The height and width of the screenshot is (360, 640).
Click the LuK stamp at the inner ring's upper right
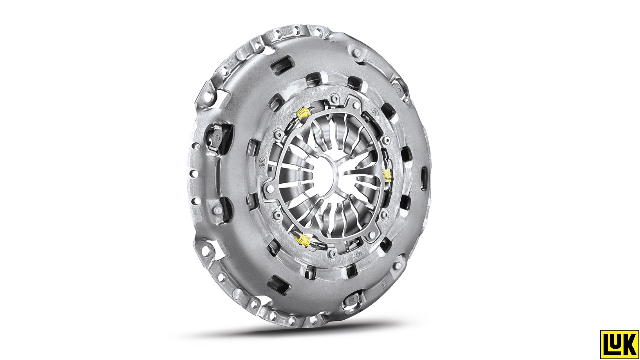pyautogui.click(x=375, y=110)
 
